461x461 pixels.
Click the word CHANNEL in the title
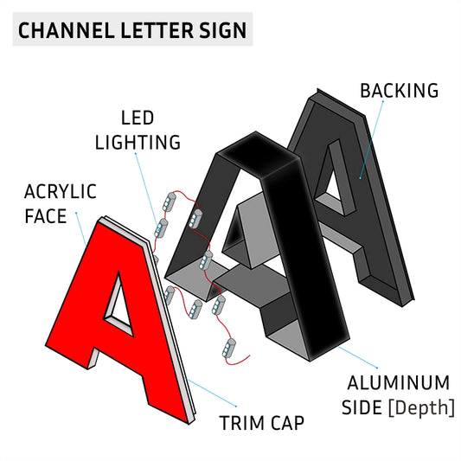[x=66, y=30]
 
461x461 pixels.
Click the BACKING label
[x=400, y=91]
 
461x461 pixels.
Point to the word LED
[x=138, y=118]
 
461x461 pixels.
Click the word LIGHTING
[x=138, y=143]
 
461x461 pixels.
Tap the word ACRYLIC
[x=61, y=192]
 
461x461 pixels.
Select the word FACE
[x=46, y=216]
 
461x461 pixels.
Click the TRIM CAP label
[x=262, y=423]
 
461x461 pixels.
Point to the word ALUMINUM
[x=399, y=383]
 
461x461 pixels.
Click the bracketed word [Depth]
[x=421, y=408]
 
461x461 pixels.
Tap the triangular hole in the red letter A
[x=119, y=306]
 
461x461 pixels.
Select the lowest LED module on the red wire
[x=229, y=349]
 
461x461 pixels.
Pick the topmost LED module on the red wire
[x=170, y=202]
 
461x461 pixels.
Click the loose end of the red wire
[x=249, y=355]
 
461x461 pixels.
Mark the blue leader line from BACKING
[x=372, y=139]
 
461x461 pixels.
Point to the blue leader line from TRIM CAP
[x=211, y=393]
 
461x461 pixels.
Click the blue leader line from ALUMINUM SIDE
[x=358, y=357]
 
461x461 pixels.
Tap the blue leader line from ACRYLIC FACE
[x=80, y=228]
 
